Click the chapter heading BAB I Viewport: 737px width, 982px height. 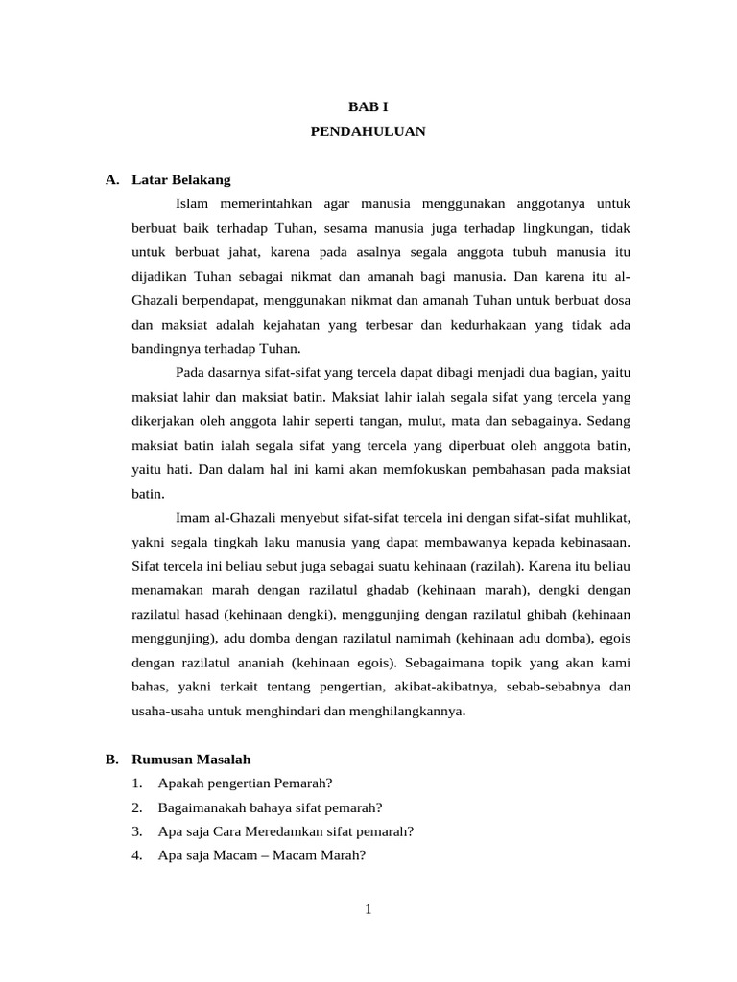[x=368, y=107]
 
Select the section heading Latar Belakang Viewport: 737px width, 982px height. [x=181, y=179]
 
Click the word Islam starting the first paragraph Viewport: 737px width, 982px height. [x=196, y=204]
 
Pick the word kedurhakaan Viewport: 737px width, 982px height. [x=492, y=324]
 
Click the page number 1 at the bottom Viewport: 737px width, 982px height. [x=368, y=909]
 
